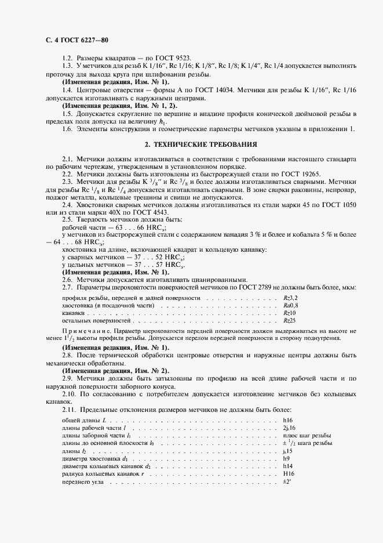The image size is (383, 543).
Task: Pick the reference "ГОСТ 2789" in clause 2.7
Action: point(268,287)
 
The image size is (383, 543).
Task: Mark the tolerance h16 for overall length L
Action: point(288,419)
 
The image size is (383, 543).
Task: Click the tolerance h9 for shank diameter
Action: point(286,458)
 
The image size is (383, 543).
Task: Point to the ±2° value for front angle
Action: point(286,482)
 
